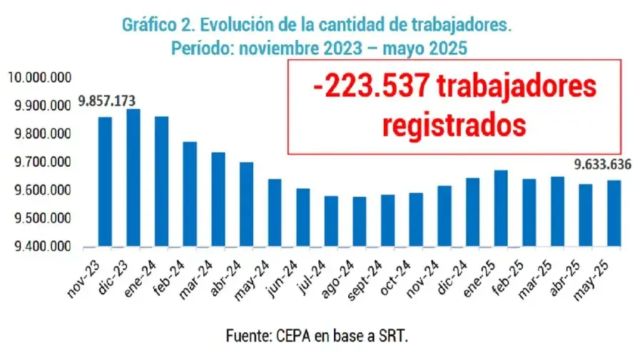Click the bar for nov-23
105,182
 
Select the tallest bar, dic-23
133,178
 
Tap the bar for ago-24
360,222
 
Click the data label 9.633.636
604,165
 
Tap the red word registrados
454,124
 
